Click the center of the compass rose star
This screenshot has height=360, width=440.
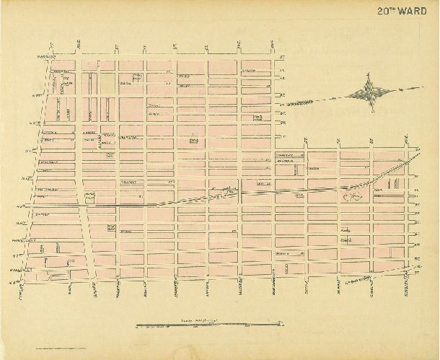coord(371,93)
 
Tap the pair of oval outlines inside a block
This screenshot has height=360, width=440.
coord(353,193)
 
